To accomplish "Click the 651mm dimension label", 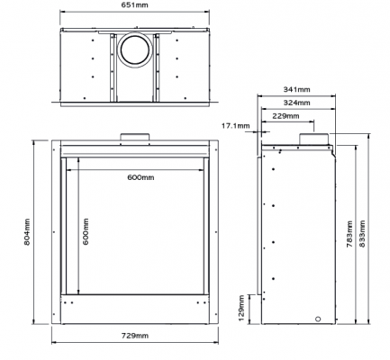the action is point(135,5).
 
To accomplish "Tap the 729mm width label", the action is point(135,336).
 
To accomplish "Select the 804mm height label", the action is point(27,232).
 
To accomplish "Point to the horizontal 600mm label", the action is point(141,177).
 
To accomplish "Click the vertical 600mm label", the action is point(86,231).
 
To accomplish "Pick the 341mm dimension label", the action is point(296,89).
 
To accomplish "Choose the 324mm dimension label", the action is point(296,103).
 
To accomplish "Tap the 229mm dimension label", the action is point(286,116).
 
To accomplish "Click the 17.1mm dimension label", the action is point(236,126).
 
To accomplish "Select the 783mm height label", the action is point(349,234).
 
